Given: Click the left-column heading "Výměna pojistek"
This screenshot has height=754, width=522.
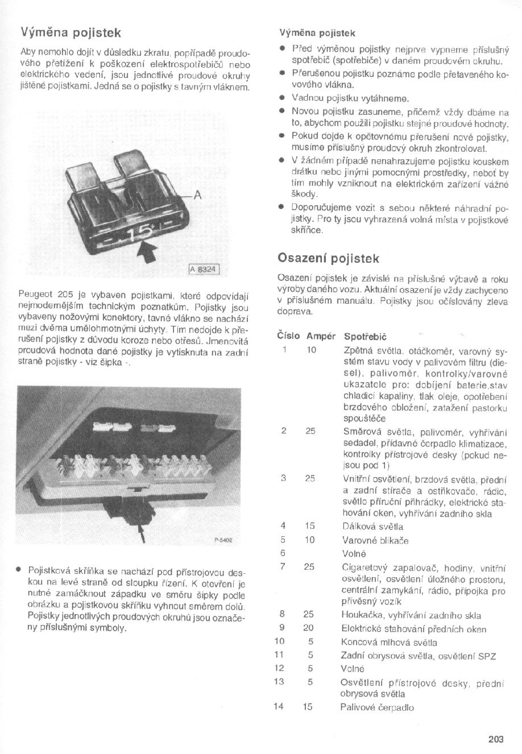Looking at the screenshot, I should (71, 32).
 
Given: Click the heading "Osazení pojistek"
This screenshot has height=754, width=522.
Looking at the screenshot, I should (328, 258).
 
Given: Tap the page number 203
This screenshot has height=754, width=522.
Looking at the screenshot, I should (495, 739).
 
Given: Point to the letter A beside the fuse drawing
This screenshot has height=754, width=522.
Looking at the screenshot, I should (198, 195).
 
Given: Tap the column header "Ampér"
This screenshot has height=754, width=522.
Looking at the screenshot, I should (321, 337).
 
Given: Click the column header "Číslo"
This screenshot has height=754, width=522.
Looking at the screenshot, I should (288, 337).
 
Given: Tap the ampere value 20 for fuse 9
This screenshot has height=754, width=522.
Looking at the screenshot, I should (309, 628).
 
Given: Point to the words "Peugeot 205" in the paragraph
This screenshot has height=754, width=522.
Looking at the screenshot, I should (43, 295).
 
